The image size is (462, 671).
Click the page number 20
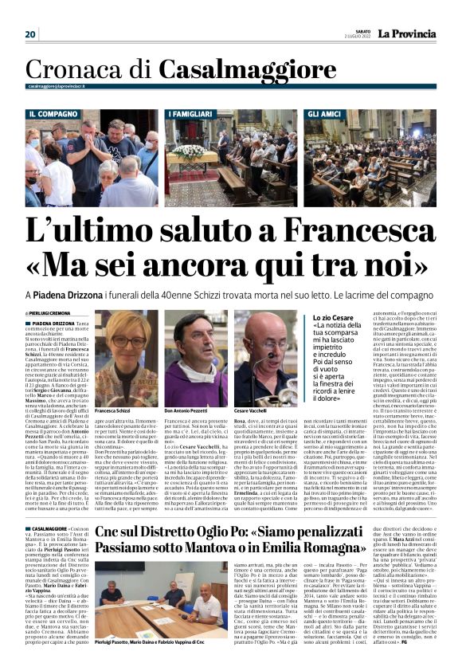(30, 34)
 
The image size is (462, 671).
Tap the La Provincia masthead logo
(408, 33)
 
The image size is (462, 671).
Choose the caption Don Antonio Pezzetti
(186, 410)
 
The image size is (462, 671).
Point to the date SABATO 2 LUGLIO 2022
(356, 33)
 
